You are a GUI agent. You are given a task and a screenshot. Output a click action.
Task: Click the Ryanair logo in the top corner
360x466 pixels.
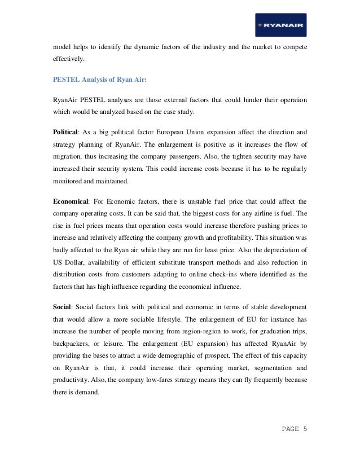click(280, 25)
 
